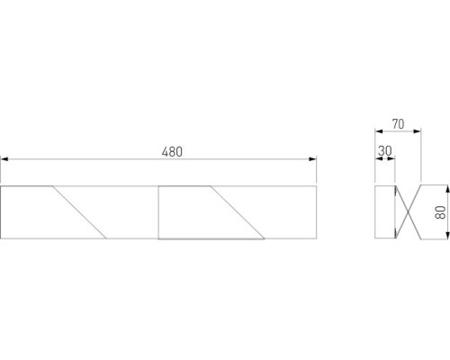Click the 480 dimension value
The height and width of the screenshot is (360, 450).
point(172,151)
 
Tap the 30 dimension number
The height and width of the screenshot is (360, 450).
point(385,151)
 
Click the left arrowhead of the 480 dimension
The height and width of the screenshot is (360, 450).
point(4,159)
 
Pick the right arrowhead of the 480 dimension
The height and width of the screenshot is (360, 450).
point(312,159)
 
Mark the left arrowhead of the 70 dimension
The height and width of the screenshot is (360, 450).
point(377,133)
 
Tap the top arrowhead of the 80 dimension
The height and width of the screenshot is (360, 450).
point(447,190)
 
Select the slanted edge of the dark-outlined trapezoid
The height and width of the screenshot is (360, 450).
point(238,212)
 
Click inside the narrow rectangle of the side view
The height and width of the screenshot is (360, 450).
point(384,212)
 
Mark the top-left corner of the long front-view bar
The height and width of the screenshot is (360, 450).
point(2,186)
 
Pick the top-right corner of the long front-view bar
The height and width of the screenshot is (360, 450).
point(315,186)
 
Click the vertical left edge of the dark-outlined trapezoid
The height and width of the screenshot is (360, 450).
point(158,212)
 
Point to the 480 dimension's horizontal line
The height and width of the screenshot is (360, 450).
point(108,159)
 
